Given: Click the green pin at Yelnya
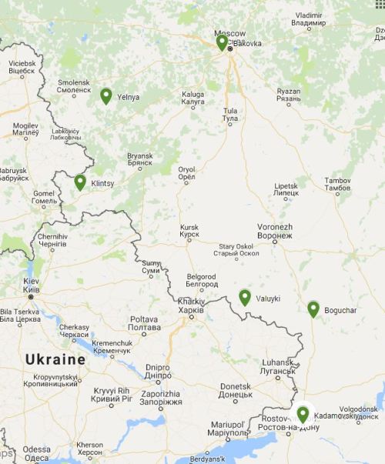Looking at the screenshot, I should [105, 96].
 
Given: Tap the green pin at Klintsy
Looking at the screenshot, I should [80, 182].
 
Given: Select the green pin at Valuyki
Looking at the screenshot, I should [245, 297].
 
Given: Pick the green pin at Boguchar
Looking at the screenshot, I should [313, 309].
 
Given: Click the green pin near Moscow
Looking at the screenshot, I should [222, 42].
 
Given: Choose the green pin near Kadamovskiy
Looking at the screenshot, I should [303, 415].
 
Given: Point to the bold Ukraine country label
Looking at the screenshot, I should [55, 359].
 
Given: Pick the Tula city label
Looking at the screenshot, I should [229, 115].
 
